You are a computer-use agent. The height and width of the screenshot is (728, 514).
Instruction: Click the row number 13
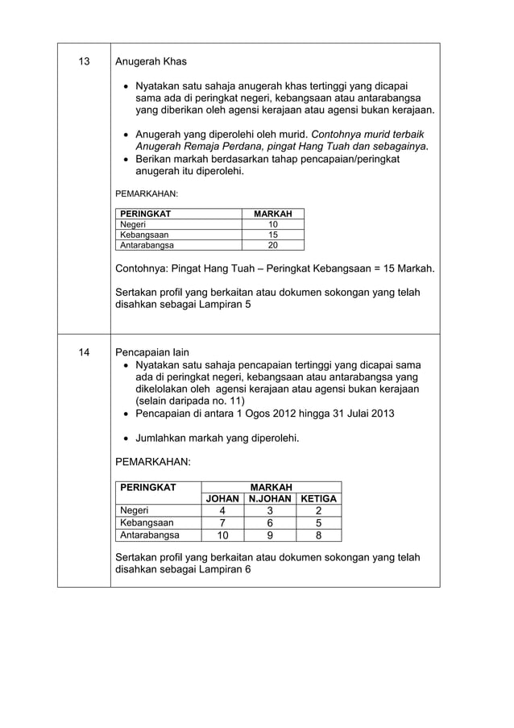pos(83,61)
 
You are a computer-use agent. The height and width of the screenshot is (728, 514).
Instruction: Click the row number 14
pos(83,352)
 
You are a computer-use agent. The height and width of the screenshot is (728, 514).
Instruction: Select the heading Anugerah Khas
pos(151,61)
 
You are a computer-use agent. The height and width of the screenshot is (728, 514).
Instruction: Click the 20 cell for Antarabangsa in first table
pos(272,245)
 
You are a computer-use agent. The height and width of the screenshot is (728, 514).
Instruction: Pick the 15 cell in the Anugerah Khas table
pos(272,235)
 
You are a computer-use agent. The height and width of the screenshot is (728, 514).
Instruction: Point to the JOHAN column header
pos(222,498)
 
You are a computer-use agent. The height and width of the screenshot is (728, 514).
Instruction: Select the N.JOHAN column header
pos(271,498)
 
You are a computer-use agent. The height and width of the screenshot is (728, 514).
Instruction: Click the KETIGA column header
pos(318,498)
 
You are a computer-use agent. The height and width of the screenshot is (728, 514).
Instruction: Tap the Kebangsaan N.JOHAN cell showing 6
pos(271,522)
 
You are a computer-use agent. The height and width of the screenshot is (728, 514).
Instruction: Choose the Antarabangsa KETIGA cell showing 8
pos(318,535)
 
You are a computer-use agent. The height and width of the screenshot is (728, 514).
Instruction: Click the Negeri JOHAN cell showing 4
pos(222,510)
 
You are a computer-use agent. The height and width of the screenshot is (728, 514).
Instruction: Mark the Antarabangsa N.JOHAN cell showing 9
pos(271,535)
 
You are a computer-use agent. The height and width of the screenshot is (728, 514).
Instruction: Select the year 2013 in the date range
pos(381,414)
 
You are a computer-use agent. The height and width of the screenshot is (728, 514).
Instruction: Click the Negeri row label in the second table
pos(135,510)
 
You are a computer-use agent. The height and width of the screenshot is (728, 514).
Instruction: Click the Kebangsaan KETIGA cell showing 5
pos(318,522)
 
